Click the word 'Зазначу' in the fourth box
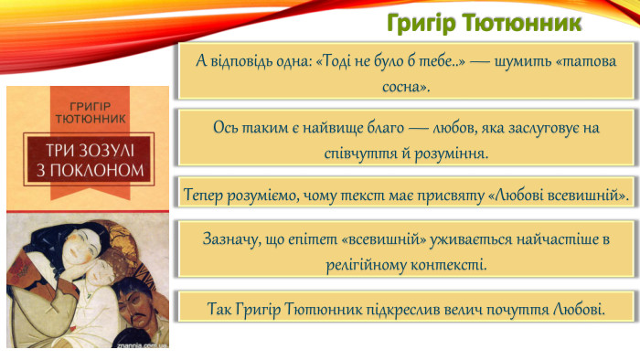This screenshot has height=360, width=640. (232, 238)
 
